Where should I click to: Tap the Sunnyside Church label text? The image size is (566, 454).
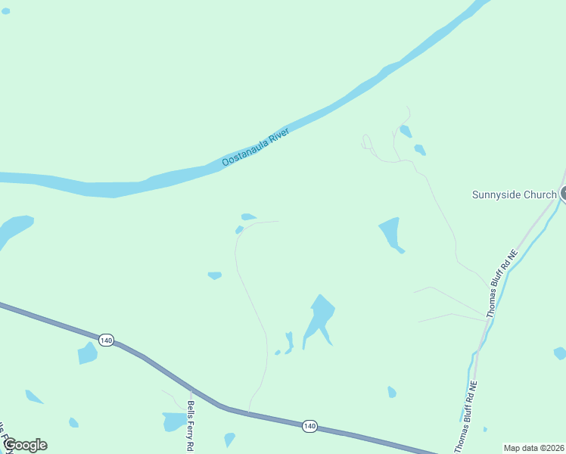514,194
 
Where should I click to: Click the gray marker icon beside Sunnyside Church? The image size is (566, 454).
564,194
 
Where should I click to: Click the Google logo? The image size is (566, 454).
25,445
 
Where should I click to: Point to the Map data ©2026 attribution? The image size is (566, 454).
533,448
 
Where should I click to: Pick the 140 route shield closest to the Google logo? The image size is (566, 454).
105,340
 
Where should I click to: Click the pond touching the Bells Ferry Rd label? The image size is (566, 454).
173,421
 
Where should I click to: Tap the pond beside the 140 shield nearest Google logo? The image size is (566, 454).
87,353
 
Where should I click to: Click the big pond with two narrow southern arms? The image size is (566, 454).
320,319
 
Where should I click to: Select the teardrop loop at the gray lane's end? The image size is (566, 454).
367,141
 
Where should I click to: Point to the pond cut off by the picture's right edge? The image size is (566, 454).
560,353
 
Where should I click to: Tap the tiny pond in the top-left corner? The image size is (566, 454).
5,11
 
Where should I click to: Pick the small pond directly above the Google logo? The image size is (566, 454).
73,422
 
